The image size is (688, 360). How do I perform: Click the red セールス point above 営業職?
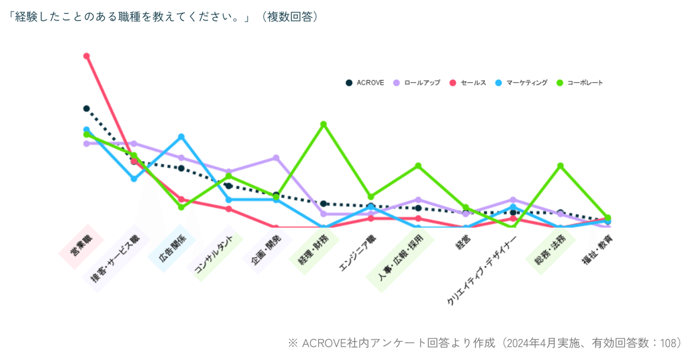point(86,56)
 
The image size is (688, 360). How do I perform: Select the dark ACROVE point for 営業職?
point(86,108)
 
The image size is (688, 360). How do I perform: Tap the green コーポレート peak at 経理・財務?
point(323,124)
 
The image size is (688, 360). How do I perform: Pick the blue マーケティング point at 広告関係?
point(181,137)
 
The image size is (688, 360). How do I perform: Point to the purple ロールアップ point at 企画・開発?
point(276,158)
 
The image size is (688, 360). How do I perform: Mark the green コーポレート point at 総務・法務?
point(560,166)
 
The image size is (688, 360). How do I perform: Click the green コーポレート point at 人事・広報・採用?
point(418,166)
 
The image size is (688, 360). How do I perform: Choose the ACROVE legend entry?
point(365,83)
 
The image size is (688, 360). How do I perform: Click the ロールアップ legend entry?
point(417,83)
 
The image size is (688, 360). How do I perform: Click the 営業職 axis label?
point(81,246)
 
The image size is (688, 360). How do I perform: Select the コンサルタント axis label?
point(214,254)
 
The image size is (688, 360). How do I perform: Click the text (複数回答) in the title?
point(288,17)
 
